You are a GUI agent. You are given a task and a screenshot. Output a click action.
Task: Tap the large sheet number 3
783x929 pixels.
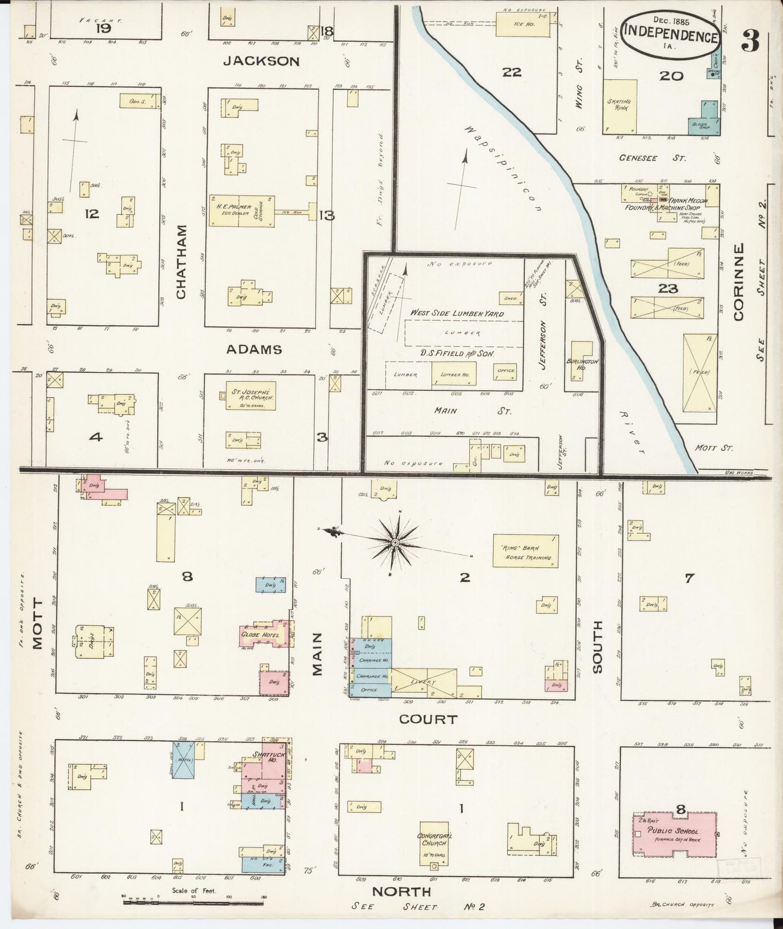(751, 41)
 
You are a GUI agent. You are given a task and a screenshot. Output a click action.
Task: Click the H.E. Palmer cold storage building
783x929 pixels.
(242, 210)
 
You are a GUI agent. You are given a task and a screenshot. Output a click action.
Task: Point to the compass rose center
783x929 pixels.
(395, 543)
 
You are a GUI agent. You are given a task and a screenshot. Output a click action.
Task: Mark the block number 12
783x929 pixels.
(92, 214)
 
